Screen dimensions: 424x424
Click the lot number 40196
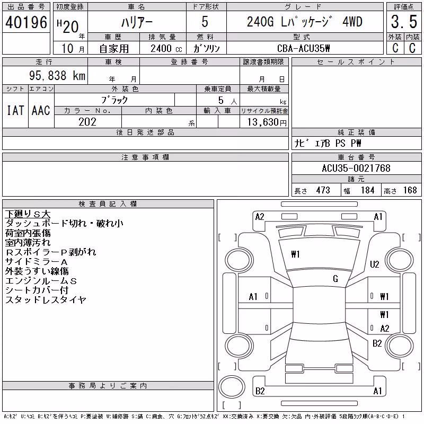(x=26, y=22)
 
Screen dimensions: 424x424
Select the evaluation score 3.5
(x=404, y=22)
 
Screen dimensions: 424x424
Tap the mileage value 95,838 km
(x=57, y=75)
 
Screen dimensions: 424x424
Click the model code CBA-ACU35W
(x=303, y=48)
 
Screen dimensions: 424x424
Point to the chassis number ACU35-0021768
(x=356, y=168)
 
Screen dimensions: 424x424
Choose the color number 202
(x=87, y=122)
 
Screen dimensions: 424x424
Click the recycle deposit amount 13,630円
(x=267, y=122)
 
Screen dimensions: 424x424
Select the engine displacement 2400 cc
(x=166, y=49)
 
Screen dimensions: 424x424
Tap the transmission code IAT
(x=15, y=110)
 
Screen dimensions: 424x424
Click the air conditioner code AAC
(x=41, y=110)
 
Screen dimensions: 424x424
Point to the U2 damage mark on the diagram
(x=375, y=264)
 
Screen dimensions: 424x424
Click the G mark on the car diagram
(x=335, y=279)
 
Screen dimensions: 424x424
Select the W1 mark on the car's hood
(x=295, y=254)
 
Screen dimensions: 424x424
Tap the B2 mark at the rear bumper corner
(x=260, y=391)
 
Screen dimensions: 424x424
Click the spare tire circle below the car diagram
(x=232, y=386)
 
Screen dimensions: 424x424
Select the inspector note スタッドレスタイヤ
(x=46, y=299)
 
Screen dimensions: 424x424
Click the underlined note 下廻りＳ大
(x=28, y=214)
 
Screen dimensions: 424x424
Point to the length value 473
(x=323, y=190)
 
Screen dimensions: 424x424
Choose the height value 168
(x=410, y=190)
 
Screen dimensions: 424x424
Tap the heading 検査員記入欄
(x=108, y=204)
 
